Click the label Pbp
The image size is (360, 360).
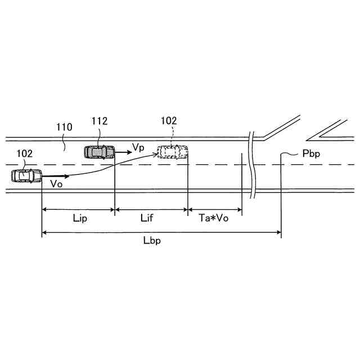point(310,153)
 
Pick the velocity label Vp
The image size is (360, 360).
point(138,147)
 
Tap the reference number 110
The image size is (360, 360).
point(64,128)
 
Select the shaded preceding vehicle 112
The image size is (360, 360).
point(99,151)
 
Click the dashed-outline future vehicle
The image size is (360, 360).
point(172,151)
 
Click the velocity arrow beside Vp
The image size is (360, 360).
point(122,151)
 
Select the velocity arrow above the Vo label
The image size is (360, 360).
point(51,176)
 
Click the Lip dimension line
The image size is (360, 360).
point(78,210)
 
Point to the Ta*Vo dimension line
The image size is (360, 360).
point(214,210)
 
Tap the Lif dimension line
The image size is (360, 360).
point(151,210)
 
